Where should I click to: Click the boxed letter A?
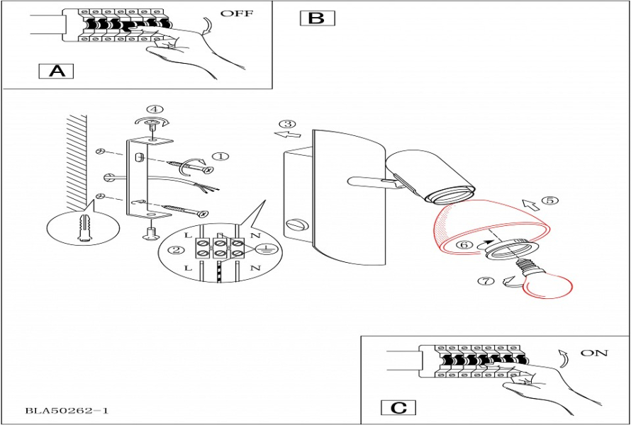point(55,71)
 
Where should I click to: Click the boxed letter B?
point(317,18)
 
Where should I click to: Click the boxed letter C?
point(398,408)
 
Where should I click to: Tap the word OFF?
point(236,13)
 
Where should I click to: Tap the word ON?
point(593,353)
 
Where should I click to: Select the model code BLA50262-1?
point(67,410)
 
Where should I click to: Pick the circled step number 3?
point(286,124)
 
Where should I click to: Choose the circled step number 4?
point(154,109)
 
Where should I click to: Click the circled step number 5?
point(549,200)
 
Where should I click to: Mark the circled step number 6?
point(463,244)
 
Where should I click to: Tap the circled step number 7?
point(485,281)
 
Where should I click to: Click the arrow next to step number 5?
point(529,206)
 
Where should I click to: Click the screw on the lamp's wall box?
point(293,226)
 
